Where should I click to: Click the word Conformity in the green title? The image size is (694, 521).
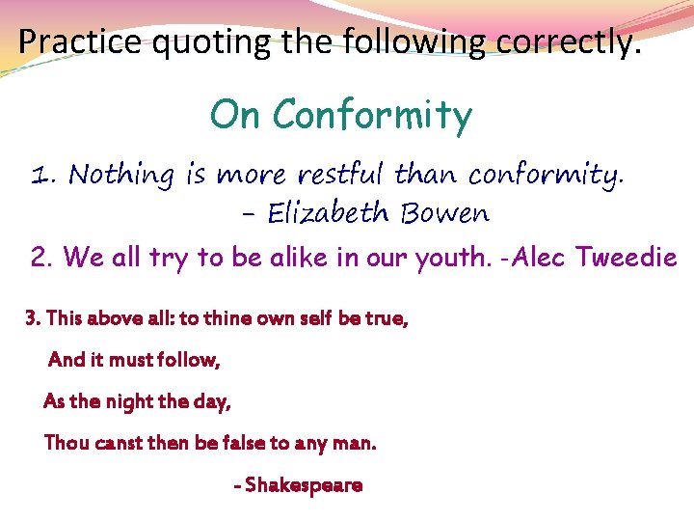pyautogui.click(x=372, y=117)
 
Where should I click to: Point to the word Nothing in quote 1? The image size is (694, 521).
pyautogui.click(x=121, y=176)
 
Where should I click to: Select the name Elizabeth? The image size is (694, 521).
pyautogui.click(x=326, y=212)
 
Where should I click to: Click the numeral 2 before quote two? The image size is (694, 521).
pyautogui.click(x=40, y=258)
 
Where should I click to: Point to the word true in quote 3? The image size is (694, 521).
pyautogui.click(x=386, y=318)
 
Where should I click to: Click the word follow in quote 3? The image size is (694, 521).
pyautogui.click(x=188, y=360)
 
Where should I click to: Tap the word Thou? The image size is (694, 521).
pyautogui.click(x=67, y=443)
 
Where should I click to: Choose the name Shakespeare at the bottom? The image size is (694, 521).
pyautogui.click(x=304, y=484)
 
